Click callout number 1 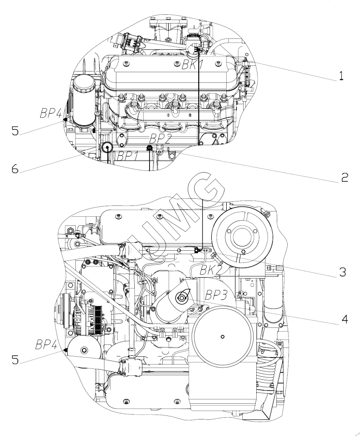(x=341, y=76)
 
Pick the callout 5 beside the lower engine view (x=15, y=360)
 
